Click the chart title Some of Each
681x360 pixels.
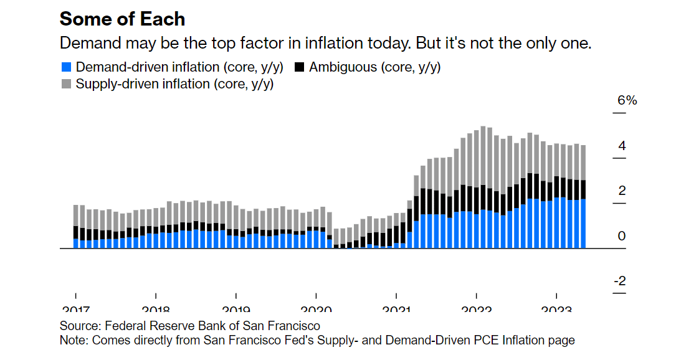[122, 19]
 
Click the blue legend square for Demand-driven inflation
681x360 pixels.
[66, 67]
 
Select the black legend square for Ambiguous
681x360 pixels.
[300, 67]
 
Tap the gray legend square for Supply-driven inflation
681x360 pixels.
[66, 83]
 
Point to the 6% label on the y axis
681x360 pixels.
[627, 100]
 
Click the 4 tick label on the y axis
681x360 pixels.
[621, 146]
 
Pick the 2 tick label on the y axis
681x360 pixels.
[621, 191]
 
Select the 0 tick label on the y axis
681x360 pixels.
[621, 236]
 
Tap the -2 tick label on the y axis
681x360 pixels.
[619, 282]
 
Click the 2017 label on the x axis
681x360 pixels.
[75, 308]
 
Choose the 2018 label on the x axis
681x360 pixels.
[155, 308]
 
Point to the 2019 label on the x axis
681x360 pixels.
[236, 308]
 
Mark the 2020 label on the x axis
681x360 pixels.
[316, 308]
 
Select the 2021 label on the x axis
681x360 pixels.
[396, 308]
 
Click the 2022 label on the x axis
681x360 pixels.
[476, 308]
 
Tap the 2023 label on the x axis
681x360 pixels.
[556, 308]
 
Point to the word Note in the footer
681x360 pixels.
[72, 340]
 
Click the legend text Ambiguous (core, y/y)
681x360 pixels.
[374, 67]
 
